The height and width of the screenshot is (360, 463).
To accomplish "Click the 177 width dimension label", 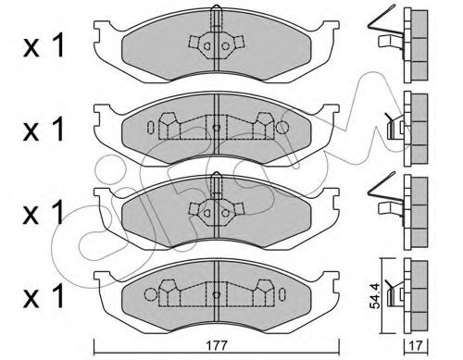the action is (x=217, y=345).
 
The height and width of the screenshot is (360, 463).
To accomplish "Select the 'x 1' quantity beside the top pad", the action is (x=44, y=45).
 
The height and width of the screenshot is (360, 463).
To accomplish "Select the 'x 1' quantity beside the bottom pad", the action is (x=44, y=296).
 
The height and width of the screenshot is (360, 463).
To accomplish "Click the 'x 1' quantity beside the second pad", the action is (x=44, y=129).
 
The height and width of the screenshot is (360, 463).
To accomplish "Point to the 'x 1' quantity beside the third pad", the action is (x=44, y=213).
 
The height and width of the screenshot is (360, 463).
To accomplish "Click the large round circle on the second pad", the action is (x=282, y=127).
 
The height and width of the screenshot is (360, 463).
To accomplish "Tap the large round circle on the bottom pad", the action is (x=151, y=294).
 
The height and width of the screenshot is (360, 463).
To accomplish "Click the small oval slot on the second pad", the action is (x=151, y=127).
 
